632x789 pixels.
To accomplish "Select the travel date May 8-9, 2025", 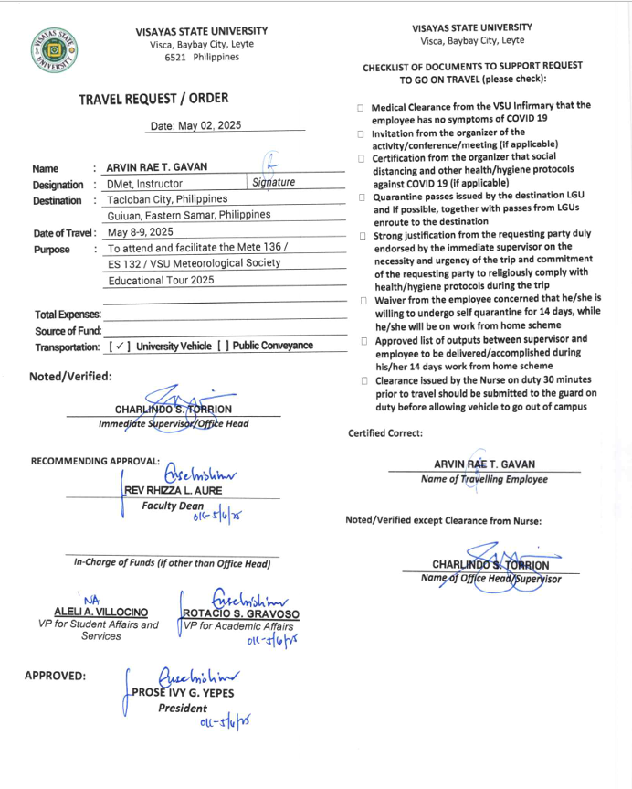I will pos(140,232).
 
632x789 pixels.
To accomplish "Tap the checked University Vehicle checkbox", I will pos(119,347).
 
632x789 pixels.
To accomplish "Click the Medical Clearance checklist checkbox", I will pos(362,108).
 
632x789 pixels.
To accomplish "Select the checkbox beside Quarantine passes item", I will pos(362,197).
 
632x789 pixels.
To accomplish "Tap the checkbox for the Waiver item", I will pos(362,300).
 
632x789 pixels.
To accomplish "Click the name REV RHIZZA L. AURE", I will pos(174,490).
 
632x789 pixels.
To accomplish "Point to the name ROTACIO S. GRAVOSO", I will pos(241,613).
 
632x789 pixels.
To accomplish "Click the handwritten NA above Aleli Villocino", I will pos(91,600).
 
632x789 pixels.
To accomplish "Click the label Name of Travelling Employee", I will pos(484,479).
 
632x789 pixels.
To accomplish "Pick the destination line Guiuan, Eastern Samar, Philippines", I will pos(189,215).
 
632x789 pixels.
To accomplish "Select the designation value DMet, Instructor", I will pos(144,184).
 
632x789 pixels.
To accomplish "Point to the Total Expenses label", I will pos(68,315).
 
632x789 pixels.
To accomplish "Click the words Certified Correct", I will pos(385,433).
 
